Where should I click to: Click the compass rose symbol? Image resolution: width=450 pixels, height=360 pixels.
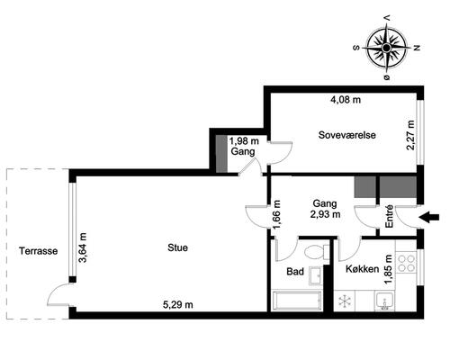[x=387, y=48]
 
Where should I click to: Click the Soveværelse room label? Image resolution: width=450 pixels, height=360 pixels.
[x=347, y=135]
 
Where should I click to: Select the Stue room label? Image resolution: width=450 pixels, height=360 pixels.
[x=178, y=247]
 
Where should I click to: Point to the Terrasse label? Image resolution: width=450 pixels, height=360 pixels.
[x=39, y=251]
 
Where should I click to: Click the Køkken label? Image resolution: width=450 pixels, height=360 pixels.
[x=363, y=269]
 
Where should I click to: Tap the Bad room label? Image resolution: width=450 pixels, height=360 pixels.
[x=295, y=272]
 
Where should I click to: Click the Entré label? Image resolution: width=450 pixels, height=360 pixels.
[x=389, y=217]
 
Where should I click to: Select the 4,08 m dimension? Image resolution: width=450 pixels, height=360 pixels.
[x=346, y=100]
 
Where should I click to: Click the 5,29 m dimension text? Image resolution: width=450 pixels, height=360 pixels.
[x=178, y=305]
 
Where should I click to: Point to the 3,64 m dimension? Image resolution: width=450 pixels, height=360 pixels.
[x=83, y=247]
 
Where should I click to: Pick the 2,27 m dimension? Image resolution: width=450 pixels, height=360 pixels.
[x=410, y=135]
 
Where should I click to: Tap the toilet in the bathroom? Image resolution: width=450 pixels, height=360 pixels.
[x=316, y=251]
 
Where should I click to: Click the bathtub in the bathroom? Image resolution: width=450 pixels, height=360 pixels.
[x=296, y=301]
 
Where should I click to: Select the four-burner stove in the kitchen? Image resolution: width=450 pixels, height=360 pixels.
[x=406, y=263]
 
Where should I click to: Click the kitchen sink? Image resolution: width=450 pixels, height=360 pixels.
[x=384, y=301]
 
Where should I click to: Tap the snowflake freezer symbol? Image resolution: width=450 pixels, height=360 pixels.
[x=345, y=301]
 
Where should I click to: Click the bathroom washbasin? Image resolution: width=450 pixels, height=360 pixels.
[x=316, y=274]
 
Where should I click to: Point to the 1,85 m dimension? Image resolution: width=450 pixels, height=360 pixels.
[x=389, y=269]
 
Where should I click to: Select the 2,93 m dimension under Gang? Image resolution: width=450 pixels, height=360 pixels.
[x=325, y=214]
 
